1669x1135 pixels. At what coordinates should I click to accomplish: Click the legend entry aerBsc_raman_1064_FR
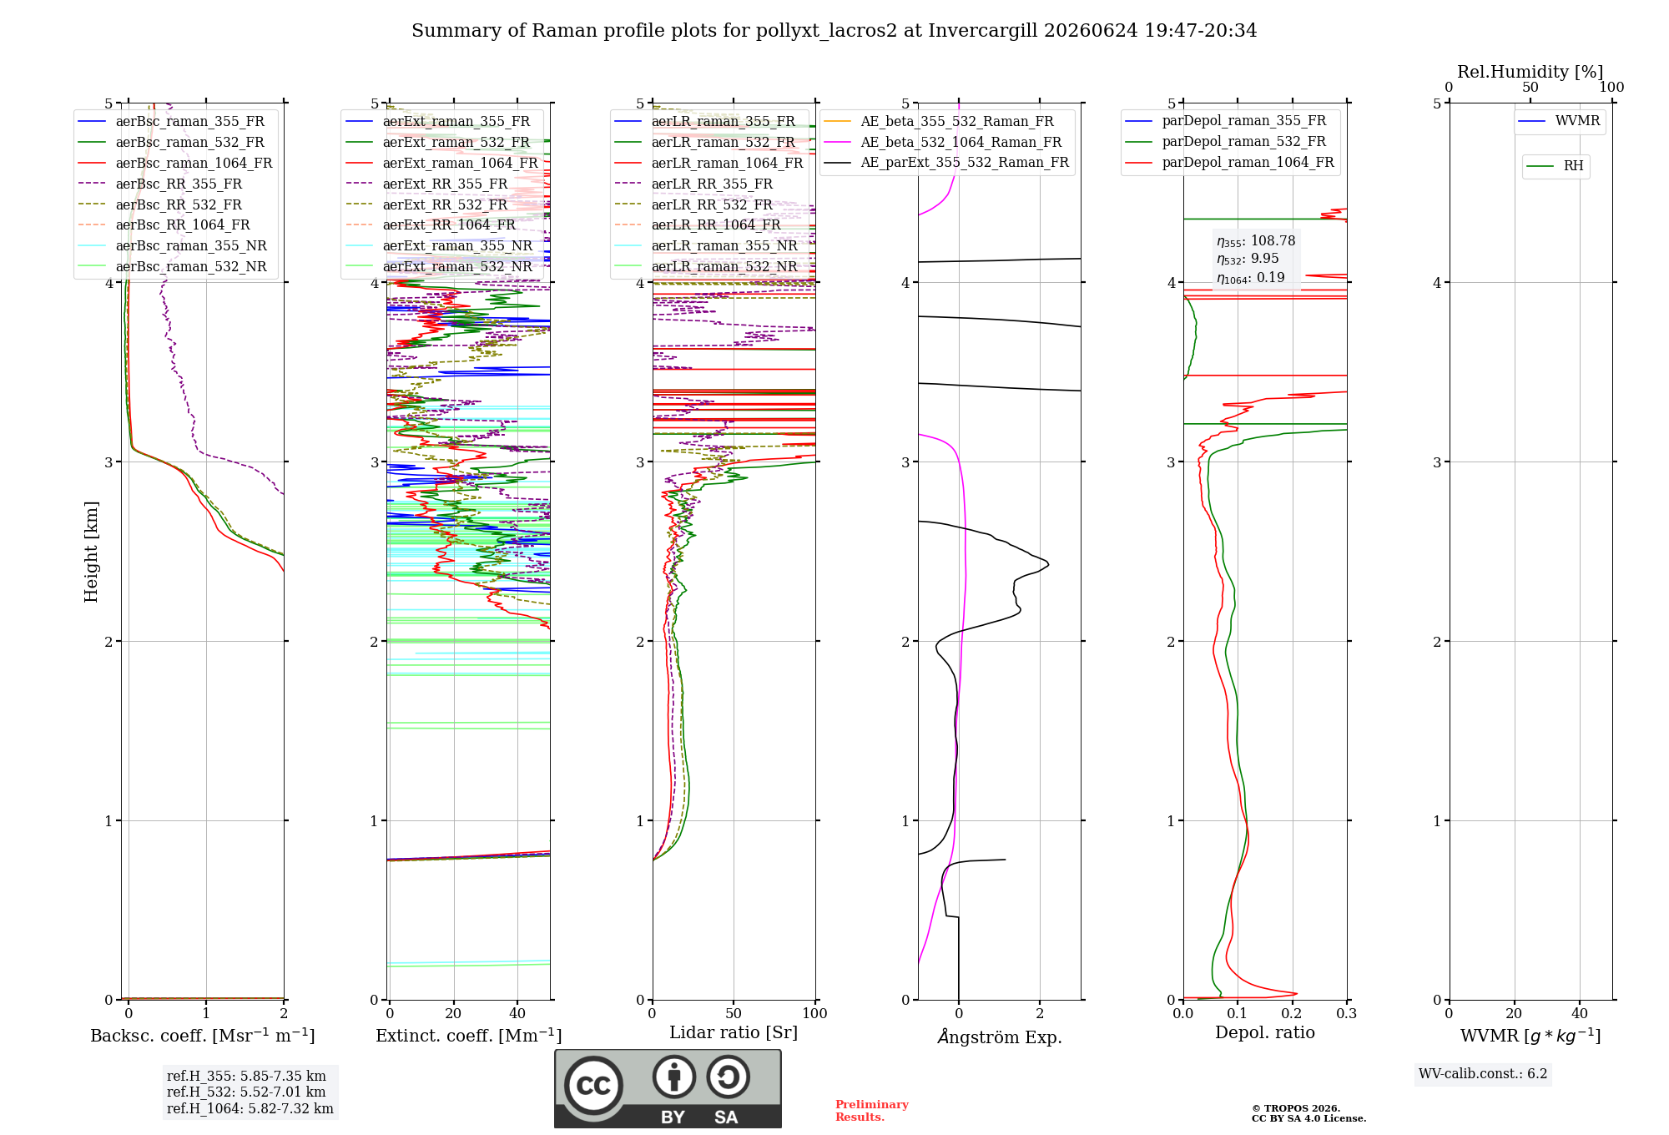pos(175,163)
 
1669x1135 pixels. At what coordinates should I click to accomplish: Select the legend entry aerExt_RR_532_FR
pos(426,204)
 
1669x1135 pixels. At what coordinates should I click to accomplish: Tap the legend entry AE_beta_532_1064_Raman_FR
pos(943,142)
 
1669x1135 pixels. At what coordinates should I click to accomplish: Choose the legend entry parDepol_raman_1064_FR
pos(1229,162)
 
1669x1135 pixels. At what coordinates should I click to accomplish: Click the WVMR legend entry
pos(1559,121)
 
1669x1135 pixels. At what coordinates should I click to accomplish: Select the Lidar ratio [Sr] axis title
pos(734,1032)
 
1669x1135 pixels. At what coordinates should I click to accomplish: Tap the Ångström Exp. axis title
pos(1000,1037)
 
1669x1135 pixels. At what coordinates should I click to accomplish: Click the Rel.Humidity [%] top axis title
pos(1530,72)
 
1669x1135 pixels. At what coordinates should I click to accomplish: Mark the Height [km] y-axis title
pos(91,552)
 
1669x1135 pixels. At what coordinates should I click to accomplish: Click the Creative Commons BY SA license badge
pos(668,1088)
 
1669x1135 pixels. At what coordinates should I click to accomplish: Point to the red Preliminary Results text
pos(872,1111)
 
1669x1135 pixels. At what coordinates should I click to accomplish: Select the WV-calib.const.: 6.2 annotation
pos(1483,1073)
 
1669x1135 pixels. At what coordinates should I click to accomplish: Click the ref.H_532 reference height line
pos(246,1092)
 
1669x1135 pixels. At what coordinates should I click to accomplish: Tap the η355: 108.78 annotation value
pos(1256,241)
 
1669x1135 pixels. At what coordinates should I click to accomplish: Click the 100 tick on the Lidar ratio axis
pos(814,1013)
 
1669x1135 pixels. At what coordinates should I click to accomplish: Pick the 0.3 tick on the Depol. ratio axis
pos(1347,1013)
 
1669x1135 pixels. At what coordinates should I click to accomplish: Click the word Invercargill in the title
pos(983,31)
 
